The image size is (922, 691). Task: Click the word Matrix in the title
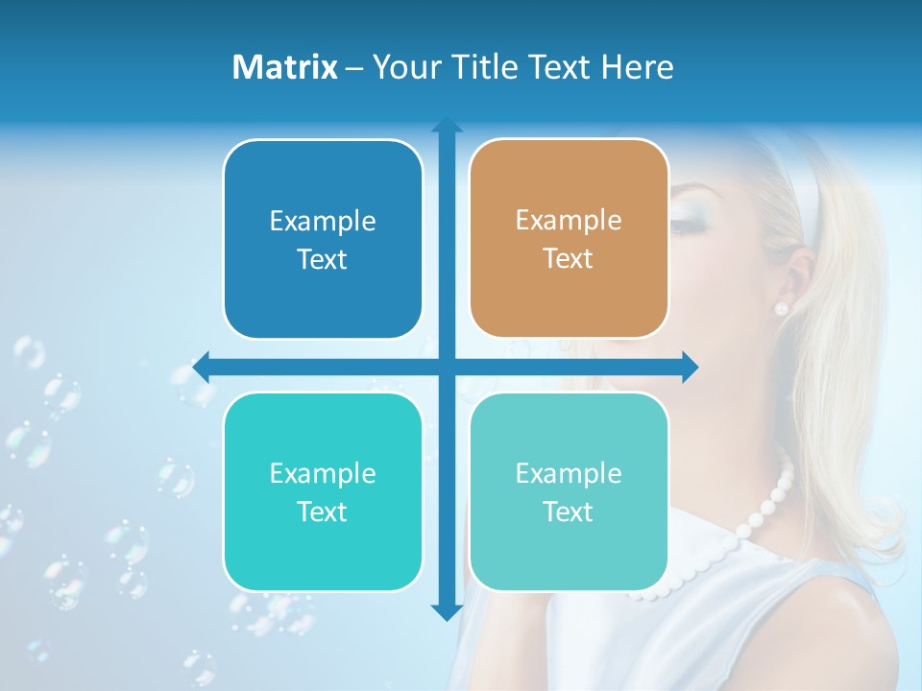coord(285,67)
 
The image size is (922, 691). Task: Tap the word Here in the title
coord(638,67)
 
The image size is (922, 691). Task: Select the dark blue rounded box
coord(323,239)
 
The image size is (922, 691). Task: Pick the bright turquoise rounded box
coord(323,491)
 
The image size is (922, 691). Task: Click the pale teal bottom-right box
coord(569,491)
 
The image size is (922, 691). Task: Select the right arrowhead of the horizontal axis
coord(690,367)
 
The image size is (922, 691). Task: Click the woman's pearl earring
coord(781,308)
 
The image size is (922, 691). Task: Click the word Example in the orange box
coord(569,220)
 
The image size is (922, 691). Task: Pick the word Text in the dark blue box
coord(323,259)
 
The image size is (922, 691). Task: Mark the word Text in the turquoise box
coord(323,512)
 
